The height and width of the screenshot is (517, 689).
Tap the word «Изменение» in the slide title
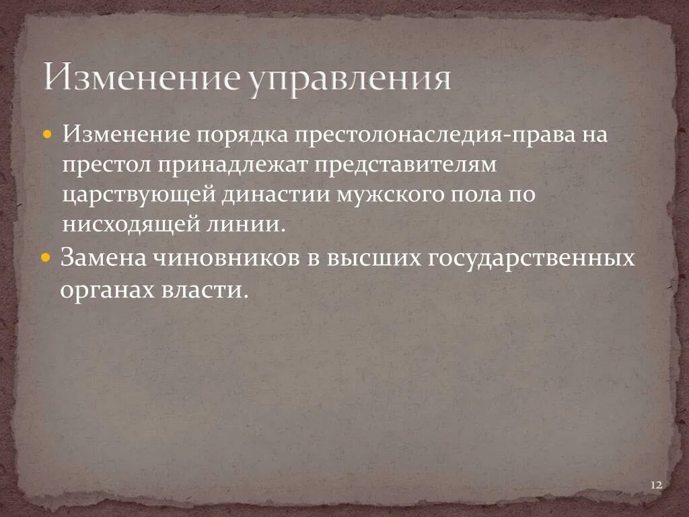click(x=141, y=77)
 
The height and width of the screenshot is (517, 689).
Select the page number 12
click(x=657, y=485)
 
